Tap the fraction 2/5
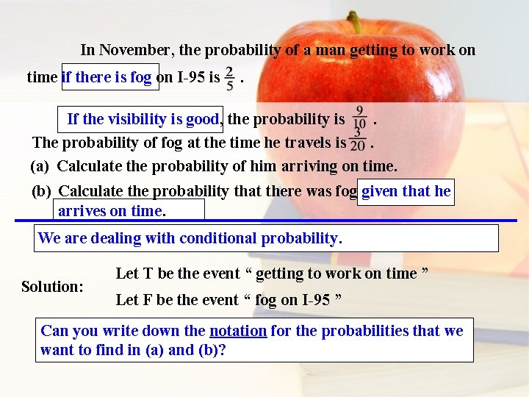tap(230, 76)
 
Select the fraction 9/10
tap(360, 117)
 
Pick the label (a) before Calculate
tap(40, 166)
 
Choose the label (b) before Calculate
tap(41, 191)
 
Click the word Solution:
tap(52, 286)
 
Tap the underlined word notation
tap(238, 331)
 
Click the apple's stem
tap(355, 22)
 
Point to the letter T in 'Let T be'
tap(147, 273)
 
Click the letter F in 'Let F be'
tap(147, 300)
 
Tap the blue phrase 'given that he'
tap(406, 191)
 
